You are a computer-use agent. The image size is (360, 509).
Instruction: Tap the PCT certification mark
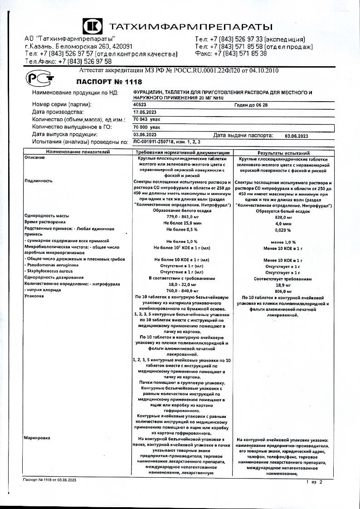coord(40,78)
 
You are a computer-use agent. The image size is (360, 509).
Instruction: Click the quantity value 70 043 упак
coord(148,119)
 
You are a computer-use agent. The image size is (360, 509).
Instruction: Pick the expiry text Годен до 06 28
coord(251,104)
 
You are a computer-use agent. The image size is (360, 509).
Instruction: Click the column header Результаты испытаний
coord(283,153)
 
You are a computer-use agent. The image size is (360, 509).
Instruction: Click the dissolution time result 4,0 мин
coord(283,224)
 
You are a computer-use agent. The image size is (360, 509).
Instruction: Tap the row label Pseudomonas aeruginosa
coord(53,264)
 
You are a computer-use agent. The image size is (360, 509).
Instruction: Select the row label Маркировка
coord(37,438)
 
